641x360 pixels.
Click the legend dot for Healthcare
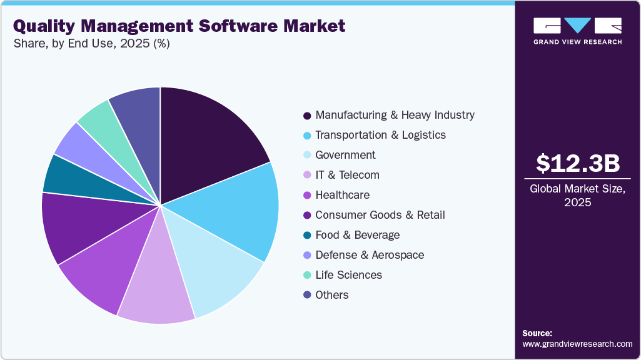click(307, 196)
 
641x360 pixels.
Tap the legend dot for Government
click(307, 156)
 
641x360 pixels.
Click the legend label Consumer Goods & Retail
click(380, 215)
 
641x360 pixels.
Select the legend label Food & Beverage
click(357, 235)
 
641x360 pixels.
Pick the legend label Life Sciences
click(348, 275)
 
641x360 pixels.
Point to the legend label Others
click(332, 295)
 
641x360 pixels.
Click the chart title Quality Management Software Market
click(179, 26)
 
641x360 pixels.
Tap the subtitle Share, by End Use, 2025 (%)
click(91, 43)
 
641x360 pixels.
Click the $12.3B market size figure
click(578, 163)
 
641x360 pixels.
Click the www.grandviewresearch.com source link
click(577, 344)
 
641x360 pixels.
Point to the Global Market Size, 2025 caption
click(577, 196)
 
